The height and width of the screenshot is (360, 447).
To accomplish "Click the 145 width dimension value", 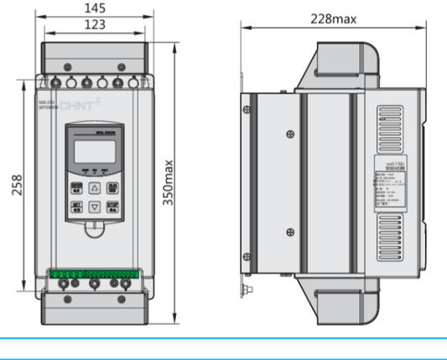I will pos(94,8).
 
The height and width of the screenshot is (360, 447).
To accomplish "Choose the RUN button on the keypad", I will pos(112,188).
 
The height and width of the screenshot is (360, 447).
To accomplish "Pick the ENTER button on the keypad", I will pos(75,188).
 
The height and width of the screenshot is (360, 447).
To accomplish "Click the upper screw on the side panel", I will pos(290,132).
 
